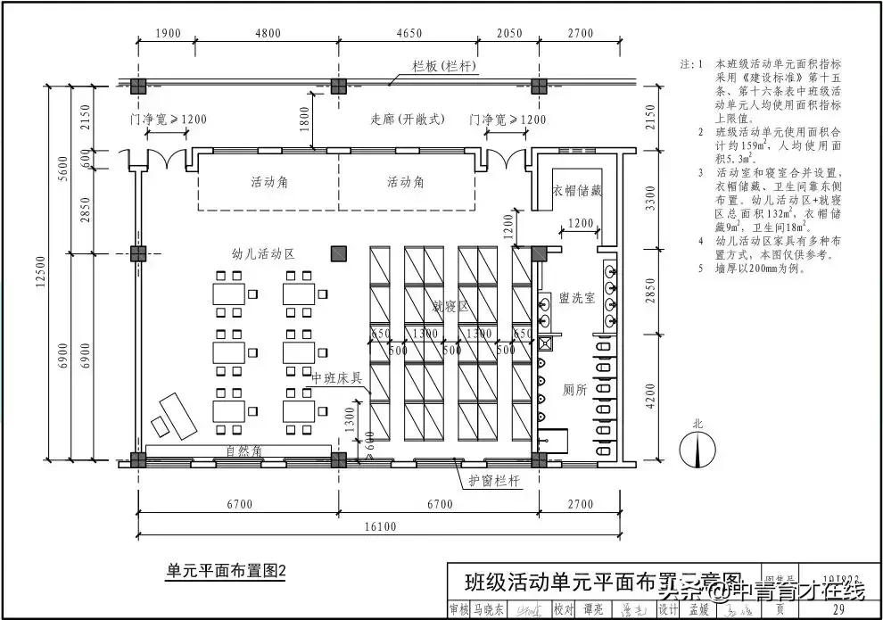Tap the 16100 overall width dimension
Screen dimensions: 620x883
[x=381, y=526]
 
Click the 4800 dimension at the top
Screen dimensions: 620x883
[x=267, y=34]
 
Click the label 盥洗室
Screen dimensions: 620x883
[x=576, y=298]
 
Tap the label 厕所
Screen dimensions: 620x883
[x=574, y=390]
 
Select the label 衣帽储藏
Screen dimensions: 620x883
[x=577, y=190]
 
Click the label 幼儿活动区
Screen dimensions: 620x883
[x=263, y=253]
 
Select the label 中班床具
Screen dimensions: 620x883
[x=336, y=377]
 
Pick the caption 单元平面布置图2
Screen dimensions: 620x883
[x=226, y=570]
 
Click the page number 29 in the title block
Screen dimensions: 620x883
[x=838, y=610]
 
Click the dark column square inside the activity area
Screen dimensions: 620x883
[x=338, y=253]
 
